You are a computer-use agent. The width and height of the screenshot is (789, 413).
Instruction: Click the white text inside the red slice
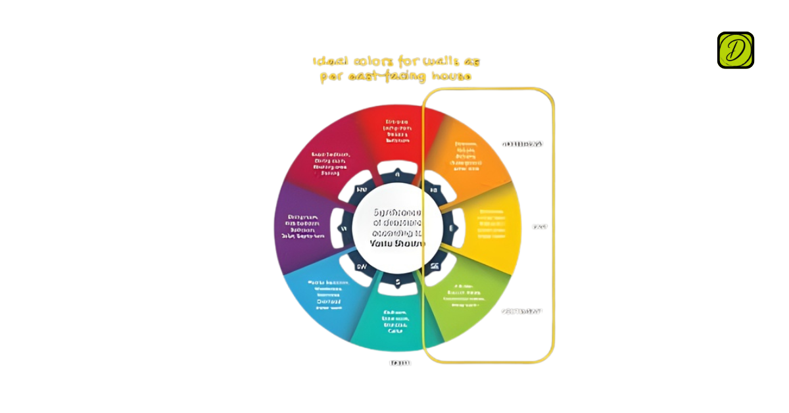pyautogui.click(x=398, y=131)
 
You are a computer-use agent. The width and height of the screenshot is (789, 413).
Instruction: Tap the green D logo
pyautogui.click(x=735, y=50)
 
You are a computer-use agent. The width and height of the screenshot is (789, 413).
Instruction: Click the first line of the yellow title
pyautogui.click(x=396, y=62)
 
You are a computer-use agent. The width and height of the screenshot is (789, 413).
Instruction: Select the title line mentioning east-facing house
pyautogui.click(x=396, y=77)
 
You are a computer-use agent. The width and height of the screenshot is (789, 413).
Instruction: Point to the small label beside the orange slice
pyautogui.click(x=522, y=143)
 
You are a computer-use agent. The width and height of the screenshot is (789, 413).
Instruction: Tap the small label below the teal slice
pyautogui.click(x=400, y=362)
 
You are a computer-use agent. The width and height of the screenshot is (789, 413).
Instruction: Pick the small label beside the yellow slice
pyautogui.click(x=540, y=227)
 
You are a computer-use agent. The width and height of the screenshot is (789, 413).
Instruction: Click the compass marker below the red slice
pyautogui.click(x=397, y=175)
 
